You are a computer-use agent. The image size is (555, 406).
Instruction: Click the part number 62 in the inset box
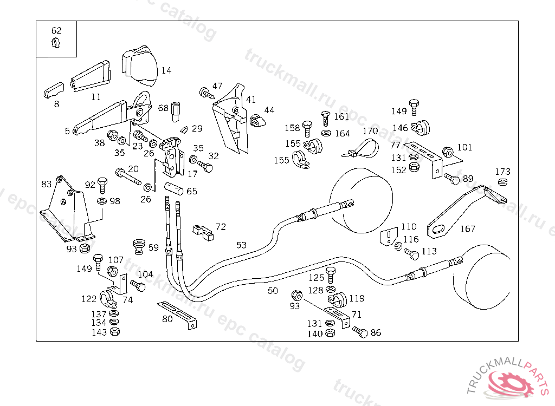pyautogui.click(x=56, y=30)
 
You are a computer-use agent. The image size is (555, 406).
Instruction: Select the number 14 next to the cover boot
pyautogui.click(x=166, y=70)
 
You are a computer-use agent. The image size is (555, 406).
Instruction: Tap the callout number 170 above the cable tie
pyautogui.click(x=370, y=131)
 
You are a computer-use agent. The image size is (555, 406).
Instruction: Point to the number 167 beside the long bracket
pyautogui.click(x=468, y=229)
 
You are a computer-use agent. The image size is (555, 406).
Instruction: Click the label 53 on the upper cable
pyautogui.click(x=241, y=245)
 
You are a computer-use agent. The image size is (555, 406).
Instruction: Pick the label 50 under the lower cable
pyautogui.click(x=273, y=291)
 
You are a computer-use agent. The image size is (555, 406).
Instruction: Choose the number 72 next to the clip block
pyautogui.click(x=221, y=226)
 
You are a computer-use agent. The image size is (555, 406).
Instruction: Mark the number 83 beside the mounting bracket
pyautogui.click(x=47, y=184)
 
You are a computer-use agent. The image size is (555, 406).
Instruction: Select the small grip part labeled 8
pyautogui.click(x=54, y=90)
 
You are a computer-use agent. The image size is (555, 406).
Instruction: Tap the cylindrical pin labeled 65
pyautogui.click(x=173, y=188)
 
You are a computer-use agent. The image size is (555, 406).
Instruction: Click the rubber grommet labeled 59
pyautogui.click(x=139, y=246)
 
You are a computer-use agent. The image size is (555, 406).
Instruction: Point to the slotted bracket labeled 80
pyautogui.click(x=177, y=314)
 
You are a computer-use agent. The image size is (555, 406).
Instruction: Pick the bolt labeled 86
pyautogui.click(x=360, y=332)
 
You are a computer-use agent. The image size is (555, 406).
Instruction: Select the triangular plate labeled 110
pyautogui.click(x=389, y=237)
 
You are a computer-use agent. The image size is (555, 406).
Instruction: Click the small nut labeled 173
pyautogui.click(x=502, y=182)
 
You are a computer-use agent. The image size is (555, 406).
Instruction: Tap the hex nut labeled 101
pyautogui.click(x=448, y=152)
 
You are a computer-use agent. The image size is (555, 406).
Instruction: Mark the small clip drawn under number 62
pyautogui.click(x=56, y=43)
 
